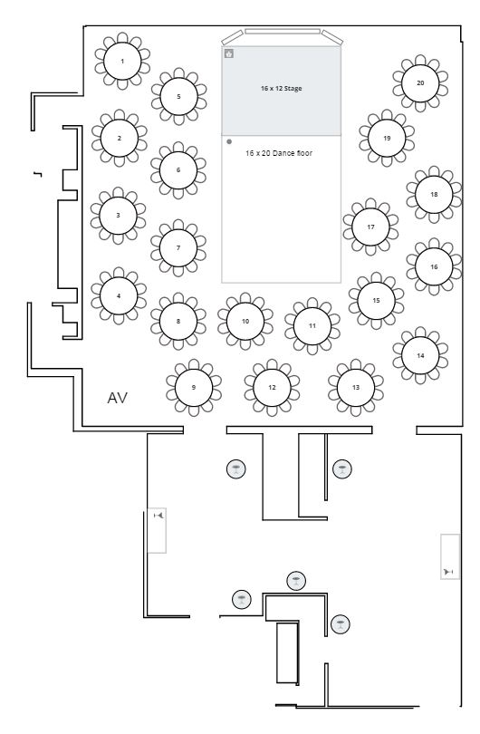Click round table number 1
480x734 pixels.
(122, 61)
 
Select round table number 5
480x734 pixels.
(178, 96)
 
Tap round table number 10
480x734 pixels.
(245, 321)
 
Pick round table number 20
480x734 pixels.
(420, 82)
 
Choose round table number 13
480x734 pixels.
(356, 387)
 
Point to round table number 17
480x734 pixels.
(370, 227)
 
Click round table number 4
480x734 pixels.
(119, 295)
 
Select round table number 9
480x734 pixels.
(194, 387)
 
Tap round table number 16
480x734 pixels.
(434, 266)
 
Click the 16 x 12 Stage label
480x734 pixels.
(281, 88)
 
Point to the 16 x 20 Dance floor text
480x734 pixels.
(279, 153)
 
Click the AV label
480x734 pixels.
(118, 398)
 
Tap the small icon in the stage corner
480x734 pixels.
(229, 53)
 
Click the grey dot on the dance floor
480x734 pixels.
(229, 141)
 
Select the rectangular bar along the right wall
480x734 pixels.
(450, 556)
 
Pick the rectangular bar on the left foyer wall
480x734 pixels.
(157, 530)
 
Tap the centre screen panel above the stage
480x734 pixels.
(283, 32)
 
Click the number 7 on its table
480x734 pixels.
(178, 247)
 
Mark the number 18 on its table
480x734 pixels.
(434, 194)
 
